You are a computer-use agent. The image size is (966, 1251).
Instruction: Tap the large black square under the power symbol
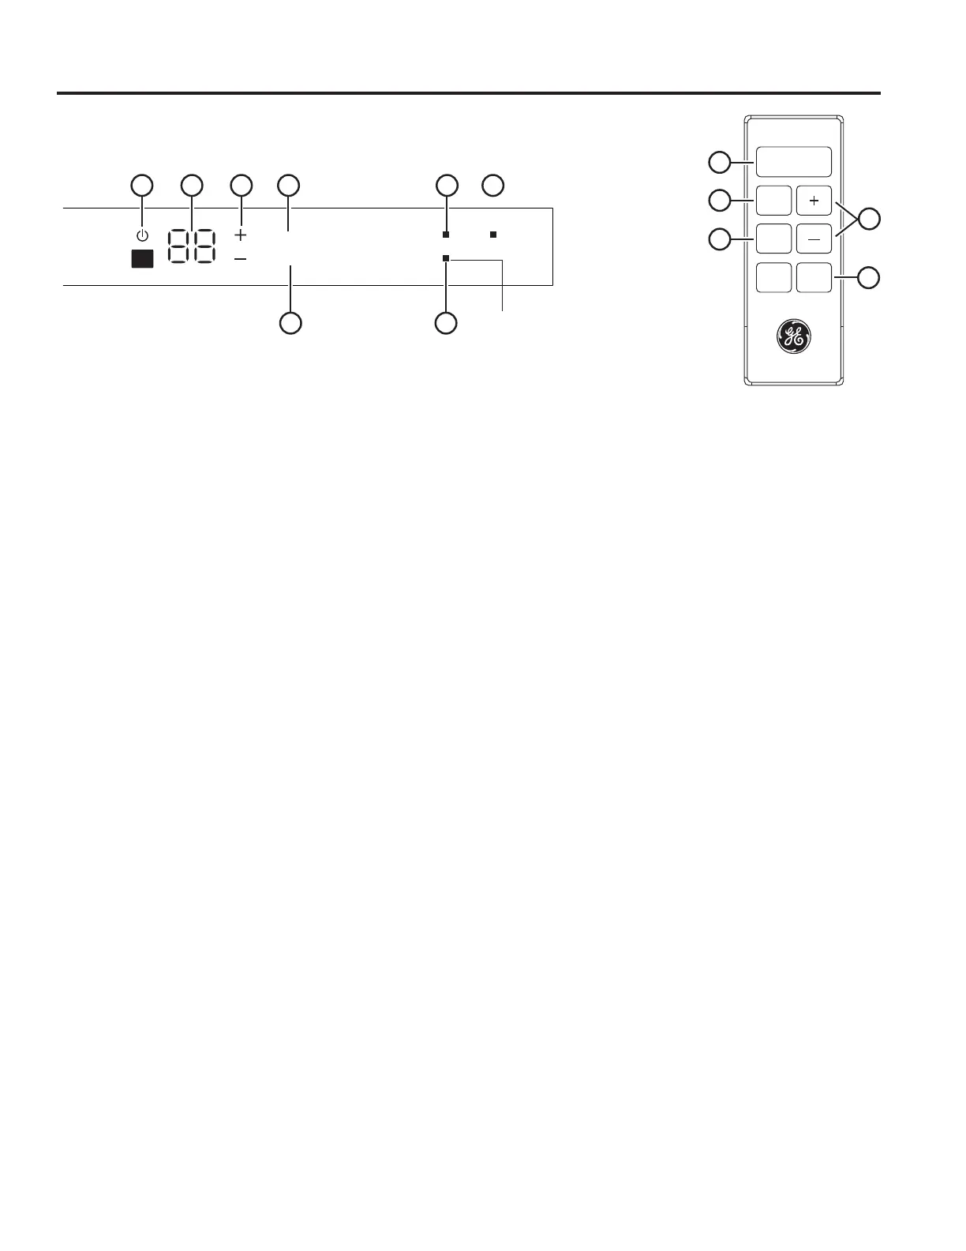(142, 258)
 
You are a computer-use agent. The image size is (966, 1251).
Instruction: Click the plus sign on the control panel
(241, 235)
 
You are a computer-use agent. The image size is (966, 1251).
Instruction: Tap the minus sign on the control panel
(241, 259)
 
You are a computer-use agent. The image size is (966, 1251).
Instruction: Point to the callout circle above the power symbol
(141, 186)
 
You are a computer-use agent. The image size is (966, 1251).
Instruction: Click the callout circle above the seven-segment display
(192, 186)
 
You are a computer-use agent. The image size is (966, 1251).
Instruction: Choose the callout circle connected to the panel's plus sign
(241, 186)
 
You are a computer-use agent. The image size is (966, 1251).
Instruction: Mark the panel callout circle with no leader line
(493, 186)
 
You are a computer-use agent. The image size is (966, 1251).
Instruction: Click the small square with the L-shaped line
(446, 258)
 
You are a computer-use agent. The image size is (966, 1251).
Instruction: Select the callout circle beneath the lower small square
(447, 323)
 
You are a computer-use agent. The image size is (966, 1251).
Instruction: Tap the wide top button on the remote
(794, 162)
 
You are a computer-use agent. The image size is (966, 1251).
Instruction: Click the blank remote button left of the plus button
(773, 201)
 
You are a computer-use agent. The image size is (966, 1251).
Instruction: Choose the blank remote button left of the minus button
(773, 239)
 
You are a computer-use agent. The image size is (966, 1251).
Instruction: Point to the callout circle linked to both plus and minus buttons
(870, 220)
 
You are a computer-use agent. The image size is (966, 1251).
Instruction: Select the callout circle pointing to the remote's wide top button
(719, 163)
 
